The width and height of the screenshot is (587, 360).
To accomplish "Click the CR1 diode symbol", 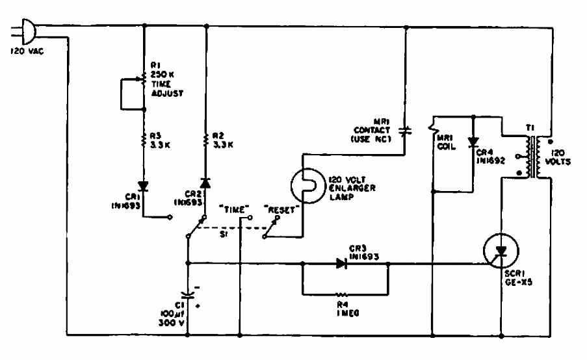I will click(x=144, y=186).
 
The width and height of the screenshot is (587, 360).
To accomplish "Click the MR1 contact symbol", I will click(x=404, y=131).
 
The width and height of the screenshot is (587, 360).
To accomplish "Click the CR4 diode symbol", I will click(x=472, y=141).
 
